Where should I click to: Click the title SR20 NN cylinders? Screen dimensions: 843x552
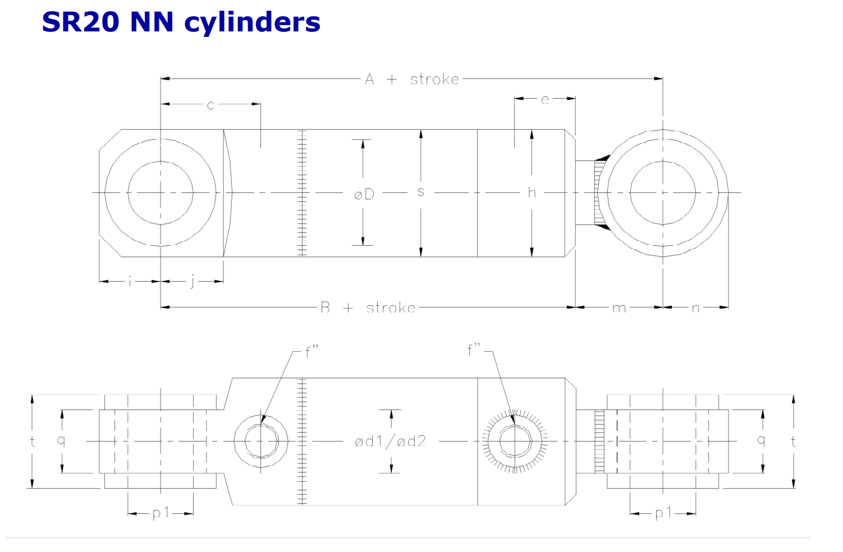click(181, 22)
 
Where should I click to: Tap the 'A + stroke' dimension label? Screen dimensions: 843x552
click(412, 79)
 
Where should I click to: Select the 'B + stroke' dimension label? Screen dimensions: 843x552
click(368, 308)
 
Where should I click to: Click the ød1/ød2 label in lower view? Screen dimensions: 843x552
click(390, 441)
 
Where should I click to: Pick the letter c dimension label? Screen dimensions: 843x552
click(210, 105)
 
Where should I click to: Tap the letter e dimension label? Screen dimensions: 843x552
click(544, 100)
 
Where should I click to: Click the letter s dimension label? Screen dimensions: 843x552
click(421, 192)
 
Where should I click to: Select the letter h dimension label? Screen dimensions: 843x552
click(532, 192)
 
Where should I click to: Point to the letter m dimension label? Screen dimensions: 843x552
click(619, 308)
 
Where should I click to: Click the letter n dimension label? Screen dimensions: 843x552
click(695, 308)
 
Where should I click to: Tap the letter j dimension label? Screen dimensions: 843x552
click(193, 281)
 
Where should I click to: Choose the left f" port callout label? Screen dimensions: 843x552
click(311, 351)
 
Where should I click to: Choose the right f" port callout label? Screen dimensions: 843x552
click(474, 349)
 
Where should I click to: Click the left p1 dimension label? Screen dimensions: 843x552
click(161, 513)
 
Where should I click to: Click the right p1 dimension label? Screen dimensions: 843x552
click(663, 513)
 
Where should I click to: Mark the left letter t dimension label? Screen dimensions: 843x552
click(33, 441)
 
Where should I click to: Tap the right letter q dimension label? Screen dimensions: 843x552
click(760, 440)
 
